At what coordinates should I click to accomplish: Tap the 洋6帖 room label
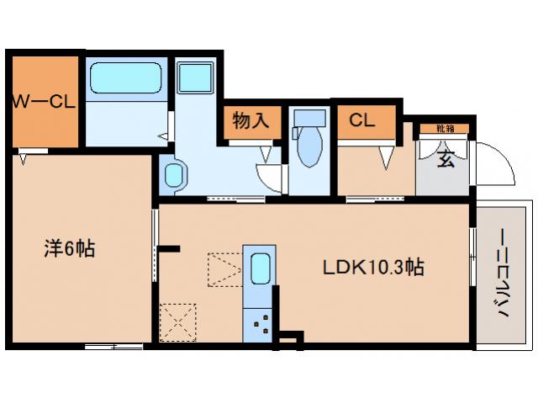click(69, 249)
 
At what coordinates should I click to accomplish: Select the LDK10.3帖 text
click(373, 268)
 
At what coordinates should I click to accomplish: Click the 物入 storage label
click(251, 121)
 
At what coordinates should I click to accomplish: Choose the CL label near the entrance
click(362, 120)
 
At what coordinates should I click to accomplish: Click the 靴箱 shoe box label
click(446, 129)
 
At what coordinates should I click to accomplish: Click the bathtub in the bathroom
click(125, 80)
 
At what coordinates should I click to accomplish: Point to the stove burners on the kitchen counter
click(259, 322)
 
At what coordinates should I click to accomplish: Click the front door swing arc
click(496, 165)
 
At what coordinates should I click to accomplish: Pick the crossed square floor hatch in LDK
click(178, 321)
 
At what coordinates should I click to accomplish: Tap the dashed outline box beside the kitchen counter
click(224, 268)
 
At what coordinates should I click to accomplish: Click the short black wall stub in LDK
click(171, 248)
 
